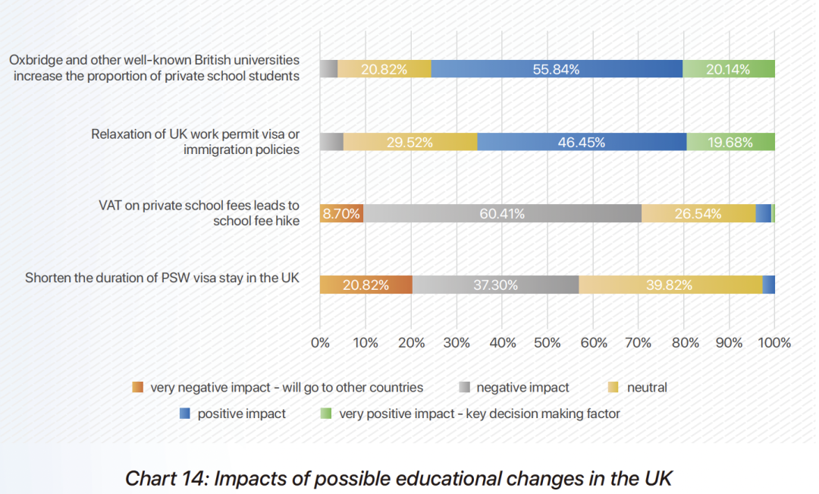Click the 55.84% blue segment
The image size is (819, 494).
click(x=557, y=68)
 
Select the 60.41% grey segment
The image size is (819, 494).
click(x=502, y=213)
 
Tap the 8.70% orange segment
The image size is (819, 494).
click(x=341, y=213)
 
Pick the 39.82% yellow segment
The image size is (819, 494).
click(x=670, y=285)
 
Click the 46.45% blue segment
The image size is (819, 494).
click(x=582, y=141)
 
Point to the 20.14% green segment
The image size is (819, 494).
click(x=728, y=68)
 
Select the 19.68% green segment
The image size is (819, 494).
click(x=730, y=141)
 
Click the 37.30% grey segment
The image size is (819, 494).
click(x=495, y=285)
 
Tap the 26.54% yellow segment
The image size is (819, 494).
click(x=698, y=213)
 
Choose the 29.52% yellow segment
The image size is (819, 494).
click(x=410, y=141)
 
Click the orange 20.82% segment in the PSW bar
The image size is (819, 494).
click(x=366, y=285)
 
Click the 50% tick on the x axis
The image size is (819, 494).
click(x=547, y=342)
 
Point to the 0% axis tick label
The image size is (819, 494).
click(x=320, y=342)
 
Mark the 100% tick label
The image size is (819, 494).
click(x=774, y=342)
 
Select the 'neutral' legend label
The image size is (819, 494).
click(x=647, y=387)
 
